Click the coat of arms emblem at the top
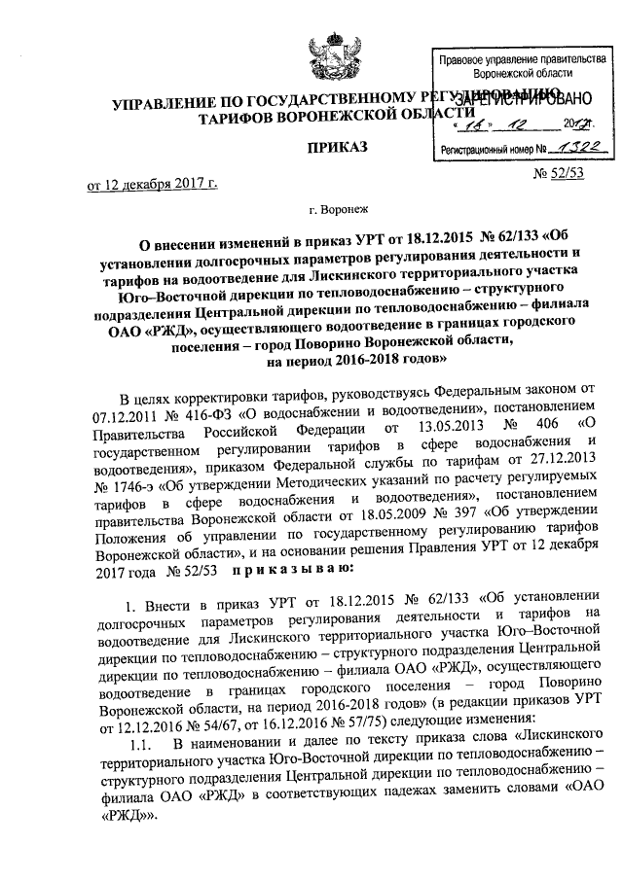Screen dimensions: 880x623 (326, 55)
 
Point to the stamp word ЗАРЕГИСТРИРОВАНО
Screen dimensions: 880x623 (516, 98)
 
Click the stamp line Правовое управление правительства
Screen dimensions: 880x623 (515, 59)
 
